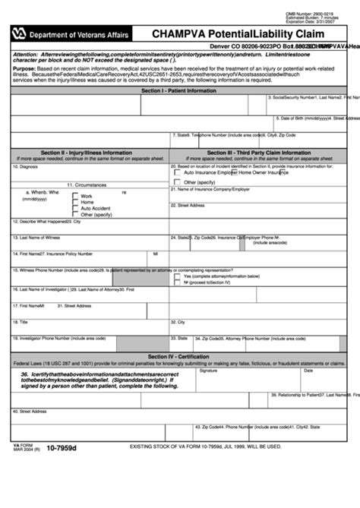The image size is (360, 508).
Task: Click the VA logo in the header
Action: pos(19,33)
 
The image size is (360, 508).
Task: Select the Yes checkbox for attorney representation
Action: pos(178,277)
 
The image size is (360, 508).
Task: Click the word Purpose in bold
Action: pos(24,68)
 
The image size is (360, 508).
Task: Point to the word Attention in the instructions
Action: pos(25,55)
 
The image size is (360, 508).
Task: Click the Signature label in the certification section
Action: pos(208,371)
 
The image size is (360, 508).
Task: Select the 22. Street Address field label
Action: pos(191,205)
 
